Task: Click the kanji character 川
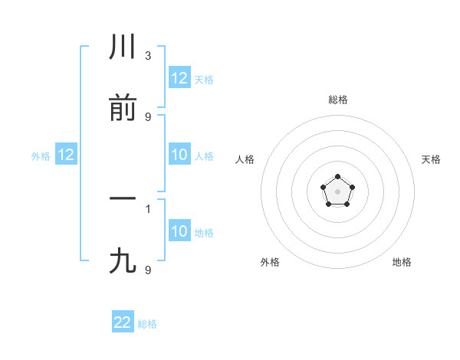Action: [x=123, y=48]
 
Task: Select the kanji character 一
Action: [x=123, y=199]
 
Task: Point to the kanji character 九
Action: [x=123, y=261]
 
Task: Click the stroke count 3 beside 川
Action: [x=148, y=56]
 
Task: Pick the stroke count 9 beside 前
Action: [x=148, y=116]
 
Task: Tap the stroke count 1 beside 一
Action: [x=148, y=208]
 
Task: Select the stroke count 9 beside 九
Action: [x=148, y=270]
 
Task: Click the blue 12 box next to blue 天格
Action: [x=179, y=78]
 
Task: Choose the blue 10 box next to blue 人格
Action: [x=179, y=155]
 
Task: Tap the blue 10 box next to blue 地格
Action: [x=179, y=231]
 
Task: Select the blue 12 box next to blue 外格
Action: [x=66, y=155]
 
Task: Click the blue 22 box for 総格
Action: [x=123, y=322]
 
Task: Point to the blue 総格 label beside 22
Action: [x=147, y=324]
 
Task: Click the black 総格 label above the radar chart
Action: [x=337, y=100]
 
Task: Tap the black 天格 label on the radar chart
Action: [x=431, y=159]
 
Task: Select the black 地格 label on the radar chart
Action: [x=402, y=262]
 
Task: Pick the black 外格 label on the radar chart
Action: [x=270, y=262]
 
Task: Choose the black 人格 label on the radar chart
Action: [x=245, y=159]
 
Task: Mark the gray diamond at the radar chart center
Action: [x=337, y=190]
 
